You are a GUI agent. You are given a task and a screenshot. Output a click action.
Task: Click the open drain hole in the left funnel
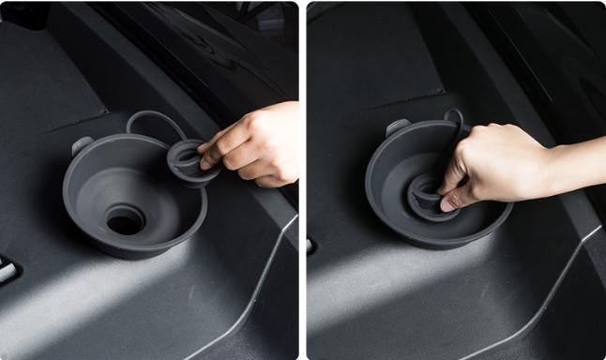click(125, 221)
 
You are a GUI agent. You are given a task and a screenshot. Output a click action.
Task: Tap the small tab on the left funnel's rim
click(82, 145)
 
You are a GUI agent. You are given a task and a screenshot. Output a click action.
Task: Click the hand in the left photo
click(258, 145)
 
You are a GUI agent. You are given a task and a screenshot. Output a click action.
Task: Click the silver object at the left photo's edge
click(6, 272)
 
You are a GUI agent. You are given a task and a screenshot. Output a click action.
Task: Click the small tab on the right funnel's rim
click(398, 127)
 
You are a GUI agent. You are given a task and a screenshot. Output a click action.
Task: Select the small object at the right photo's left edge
click(311, 246)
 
